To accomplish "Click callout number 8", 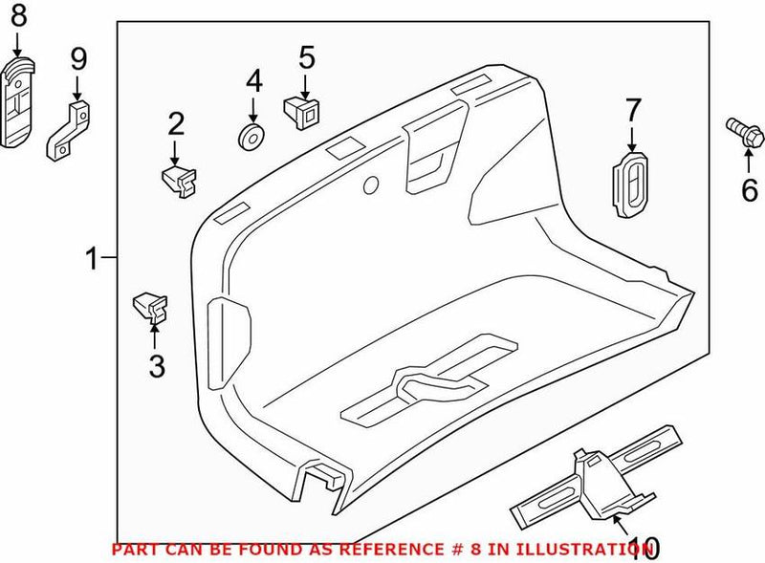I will tap(19, 15).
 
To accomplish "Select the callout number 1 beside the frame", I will tap(93, 259).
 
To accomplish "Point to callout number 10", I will tap(643, 547).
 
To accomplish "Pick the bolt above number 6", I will tap(741, 132).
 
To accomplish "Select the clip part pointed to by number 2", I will tap(180, 178).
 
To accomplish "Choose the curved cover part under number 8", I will tap(18, 100).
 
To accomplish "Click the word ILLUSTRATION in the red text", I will tap(564, 551).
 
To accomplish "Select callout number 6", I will tap(749, 191).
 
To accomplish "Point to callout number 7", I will tap(632, 112).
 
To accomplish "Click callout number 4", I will tap(253, 80).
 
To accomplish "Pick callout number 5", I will tap(306, 56).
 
